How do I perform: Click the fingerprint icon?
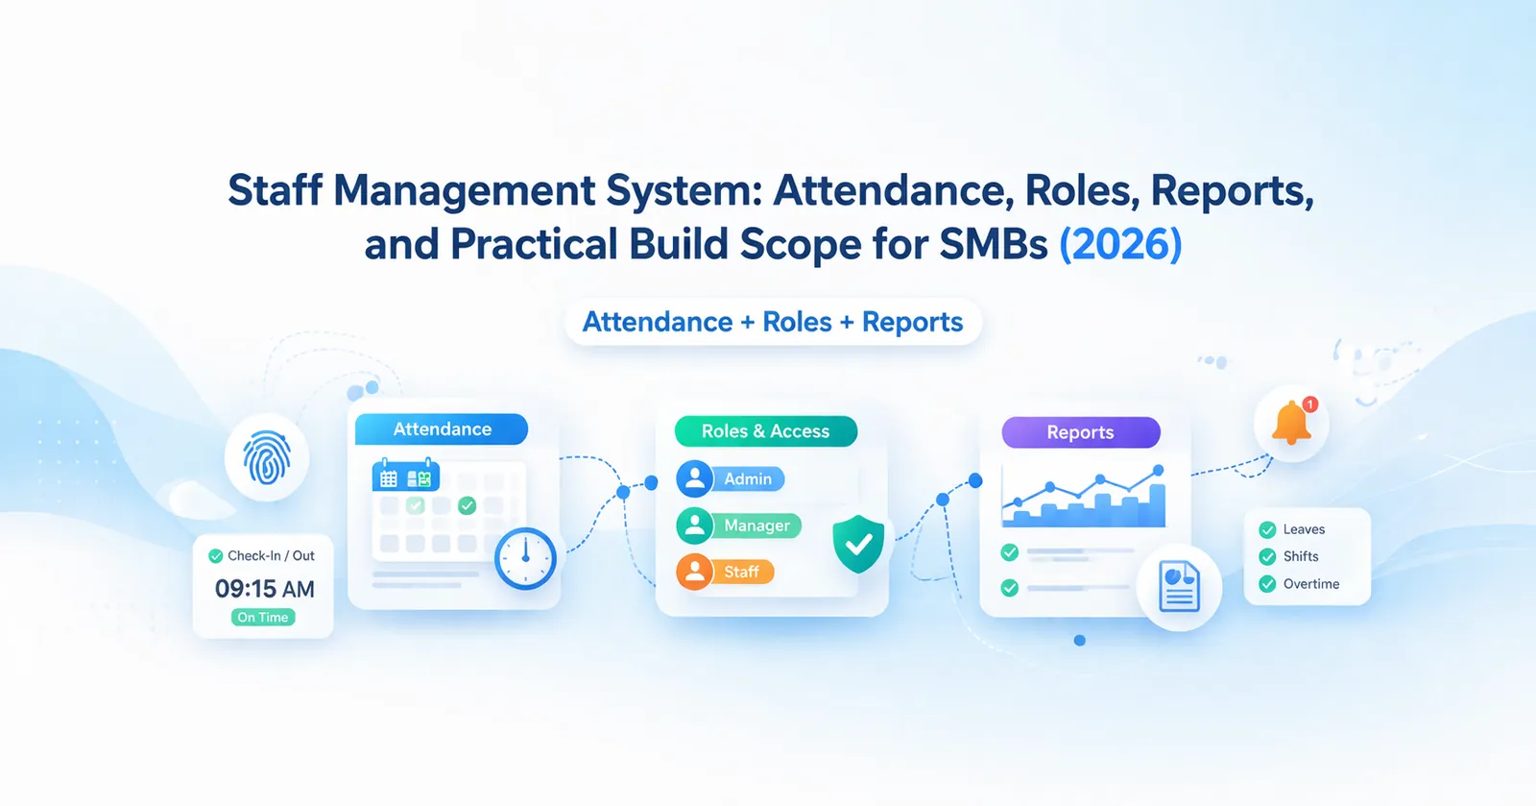pyautogui.click(x=267, y=458)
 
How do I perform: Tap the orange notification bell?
pyautogui.click(x=1291, y=424)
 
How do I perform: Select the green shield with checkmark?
pyautogui.click(x=858, y=544)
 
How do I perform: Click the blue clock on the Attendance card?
pyautogui.click(x=525, y=558)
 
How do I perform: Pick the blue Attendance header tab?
pyautogui.click(x=442, y=429)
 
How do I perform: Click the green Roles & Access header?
pyautogui.click(x=765, y=431)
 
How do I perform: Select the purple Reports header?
pyautogui.click(x=1080, y=432)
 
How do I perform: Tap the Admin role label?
pyautogui.click(x=748, y=478)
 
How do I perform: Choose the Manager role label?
pyautogui.click(x=756, y=525)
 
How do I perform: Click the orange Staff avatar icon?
pyautogui.click(x=694, y=573)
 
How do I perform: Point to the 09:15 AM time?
pyautogui.click(x=264, y=589)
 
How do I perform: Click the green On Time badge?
pyautogui.click(x=263, y=618)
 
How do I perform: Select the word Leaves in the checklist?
pyautogui.click(x=1304, y=529)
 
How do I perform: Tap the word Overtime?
pyautogui.click(x=1310, y=584)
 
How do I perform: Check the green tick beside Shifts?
pyautogui.click(x=1267, y=557)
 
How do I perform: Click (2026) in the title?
pyautogui.click(x=1120, y=244)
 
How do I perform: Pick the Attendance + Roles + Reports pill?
pyautogui.click(x=773, y=322)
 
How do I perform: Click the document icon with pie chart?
pyautogui.click(x=1179, y=587)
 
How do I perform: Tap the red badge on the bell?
pyautogui.click(x=1310, y=404)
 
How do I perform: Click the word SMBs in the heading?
pyautogui.click(x=994, y=244)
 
